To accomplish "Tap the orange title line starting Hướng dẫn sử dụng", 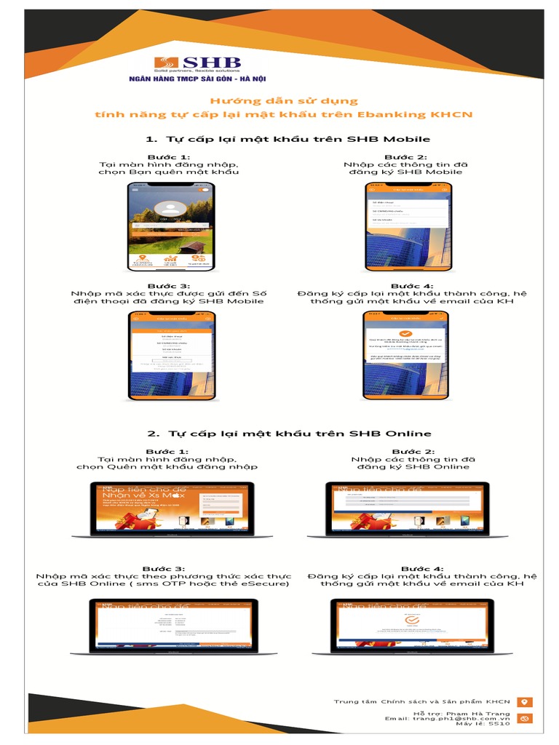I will [284, 101].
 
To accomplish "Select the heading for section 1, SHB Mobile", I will [288, 138].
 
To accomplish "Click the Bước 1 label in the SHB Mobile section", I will [169, 156].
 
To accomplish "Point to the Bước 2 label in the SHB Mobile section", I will [405, 156].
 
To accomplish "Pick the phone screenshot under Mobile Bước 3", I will [172, 355].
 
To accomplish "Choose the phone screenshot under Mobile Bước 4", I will [406, 355].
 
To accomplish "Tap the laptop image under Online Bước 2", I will [407, 509].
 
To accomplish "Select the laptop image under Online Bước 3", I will [173, 625].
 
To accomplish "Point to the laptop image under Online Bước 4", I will [412, 625].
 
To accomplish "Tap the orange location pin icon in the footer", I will [524, 702].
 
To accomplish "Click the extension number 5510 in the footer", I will [499, 725].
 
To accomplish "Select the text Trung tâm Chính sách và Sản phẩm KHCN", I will [422, 701].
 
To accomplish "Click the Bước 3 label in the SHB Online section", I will [163, 568].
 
